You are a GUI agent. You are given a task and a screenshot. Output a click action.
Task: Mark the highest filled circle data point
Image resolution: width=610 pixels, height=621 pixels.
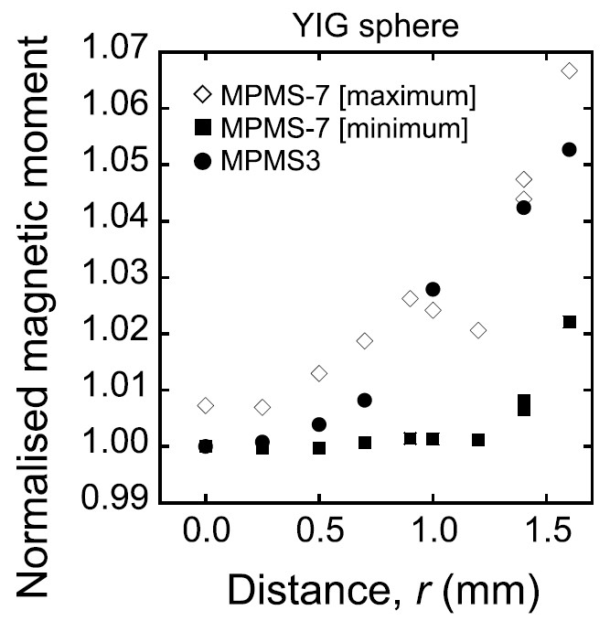(569, 149)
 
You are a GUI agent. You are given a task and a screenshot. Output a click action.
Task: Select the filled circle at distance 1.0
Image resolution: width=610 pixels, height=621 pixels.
(433, 289)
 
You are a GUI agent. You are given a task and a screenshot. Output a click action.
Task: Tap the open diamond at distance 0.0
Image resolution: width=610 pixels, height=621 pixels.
(206, 405)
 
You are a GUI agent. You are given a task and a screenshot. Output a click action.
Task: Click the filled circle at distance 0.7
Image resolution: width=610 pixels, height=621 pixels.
(365, 400)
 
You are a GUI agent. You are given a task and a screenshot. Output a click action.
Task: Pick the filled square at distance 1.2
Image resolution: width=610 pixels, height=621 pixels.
(478, 440)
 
